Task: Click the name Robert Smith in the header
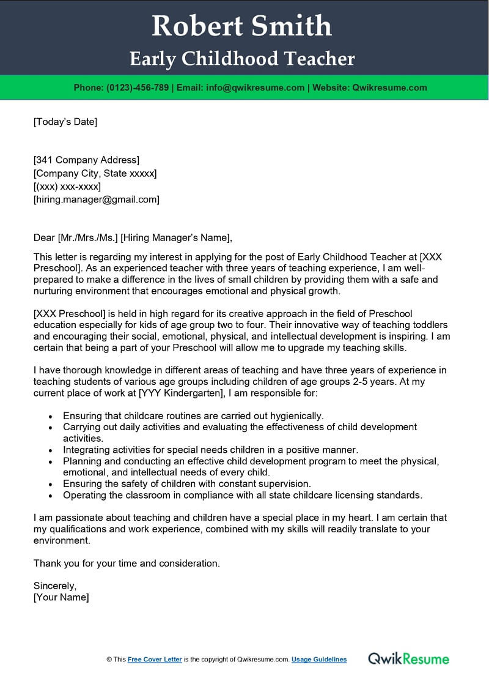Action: coord(242,26)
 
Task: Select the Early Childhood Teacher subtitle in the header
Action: coord(242,59)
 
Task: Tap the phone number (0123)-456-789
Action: coord(138,87)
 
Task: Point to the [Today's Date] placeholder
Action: coord(65,122)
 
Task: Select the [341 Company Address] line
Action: coord(86,160)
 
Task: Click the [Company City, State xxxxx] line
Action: coord(95,173)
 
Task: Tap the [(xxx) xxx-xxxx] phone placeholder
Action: coord(67,186)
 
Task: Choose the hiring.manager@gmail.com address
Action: coord(97,199)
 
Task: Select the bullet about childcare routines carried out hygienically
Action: coord(193,415)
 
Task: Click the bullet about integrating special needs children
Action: coord(210,450)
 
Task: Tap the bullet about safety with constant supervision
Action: coord(187,483)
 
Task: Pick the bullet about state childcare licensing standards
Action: coord(242,495)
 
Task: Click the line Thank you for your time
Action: coord(127,563)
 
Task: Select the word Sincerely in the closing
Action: coord(55,586)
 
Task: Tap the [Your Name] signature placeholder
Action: coord(61,597)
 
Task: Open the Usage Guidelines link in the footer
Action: coord(319,660)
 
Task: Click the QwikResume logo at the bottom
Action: coord(408,659)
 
